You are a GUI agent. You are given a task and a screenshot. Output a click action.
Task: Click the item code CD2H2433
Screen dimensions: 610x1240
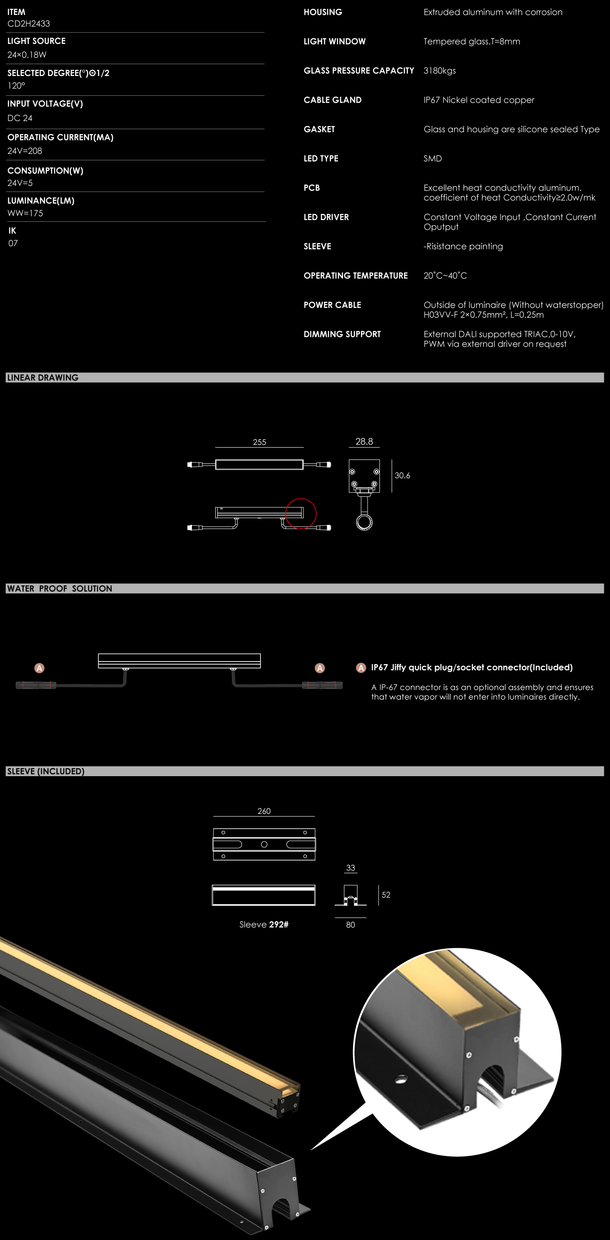coord(29,24)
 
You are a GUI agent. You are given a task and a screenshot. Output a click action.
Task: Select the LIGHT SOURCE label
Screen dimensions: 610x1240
coord(36,41)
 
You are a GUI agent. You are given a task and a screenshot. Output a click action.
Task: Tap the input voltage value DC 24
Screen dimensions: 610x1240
coord(20,118)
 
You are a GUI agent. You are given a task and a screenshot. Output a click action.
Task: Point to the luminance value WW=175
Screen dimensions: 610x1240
coord(25,213)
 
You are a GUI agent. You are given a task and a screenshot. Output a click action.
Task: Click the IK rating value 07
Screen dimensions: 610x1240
coord(13,243)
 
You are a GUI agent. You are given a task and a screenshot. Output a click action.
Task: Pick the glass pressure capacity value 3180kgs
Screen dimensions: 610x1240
coord(440,71)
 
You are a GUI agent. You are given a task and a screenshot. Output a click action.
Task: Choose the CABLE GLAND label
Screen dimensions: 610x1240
coord(333,100)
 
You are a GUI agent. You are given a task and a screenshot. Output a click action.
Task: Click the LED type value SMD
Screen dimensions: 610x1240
coord(433,159)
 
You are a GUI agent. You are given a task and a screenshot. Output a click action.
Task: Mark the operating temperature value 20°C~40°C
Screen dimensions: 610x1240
coord(445,275)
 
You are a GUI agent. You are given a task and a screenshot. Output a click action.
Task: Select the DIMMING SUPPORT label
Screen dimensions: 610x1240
coord(342,334)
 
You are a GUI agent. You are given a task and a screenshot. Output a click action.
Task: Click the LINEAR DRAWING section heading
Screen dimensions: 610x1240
coord(43,377)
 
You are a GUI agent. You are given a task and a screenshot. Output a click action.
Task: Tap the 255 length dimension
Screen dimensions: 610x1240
coord(260,442)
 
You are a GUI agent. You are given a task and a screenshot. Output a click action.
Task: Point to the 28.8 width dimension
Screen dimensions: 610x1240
coord(364,441)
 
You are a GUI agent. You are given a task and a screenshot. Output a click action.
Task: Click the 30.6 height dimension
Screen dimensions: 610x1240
coord(402,476)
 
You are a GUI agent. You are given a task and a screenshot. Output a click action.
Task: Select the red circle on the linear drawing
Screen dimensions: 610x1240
coord(301,513)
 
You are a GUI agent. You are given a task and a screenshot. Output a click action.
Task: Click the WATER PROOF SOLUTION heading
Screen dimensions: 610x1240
coord(60,588)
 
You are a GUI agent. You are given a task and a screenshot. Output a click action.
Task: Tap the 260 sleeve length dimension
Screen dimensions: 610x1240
coord(264,811)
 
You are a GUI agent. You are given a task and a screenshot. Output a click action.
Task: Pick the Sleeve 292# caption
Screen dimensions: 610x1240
coord(264,924)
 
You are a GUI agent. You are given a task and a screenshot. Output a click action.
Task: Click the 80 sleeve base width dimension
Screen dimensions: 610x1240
coord(350,925)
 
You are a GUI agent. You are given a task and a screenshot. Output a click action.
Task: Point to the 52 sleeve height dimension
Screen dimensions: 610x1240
coord(386,895)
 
